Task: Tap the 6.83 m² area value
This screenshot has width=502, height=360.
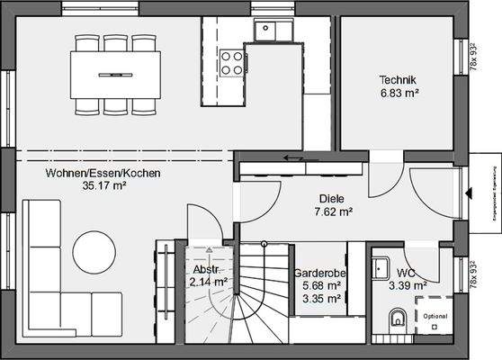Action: (400, 93)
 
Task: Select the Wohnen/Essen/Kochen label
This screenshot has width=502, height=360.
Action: (91, 173)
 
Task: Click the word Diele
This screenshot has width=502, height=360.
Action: (333, 199)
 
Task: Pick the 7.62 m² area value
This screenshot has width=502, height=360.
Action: (333, 212)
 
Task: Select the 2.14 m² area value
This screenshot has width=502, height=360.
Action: (209, 282)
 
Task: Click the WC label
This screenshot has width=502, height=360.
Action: (406, 273)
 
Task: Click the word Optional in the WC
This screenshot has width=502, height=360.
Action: (435, 316)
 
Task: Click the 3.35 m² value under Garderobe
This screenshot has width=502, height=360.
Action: (321, 299)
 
